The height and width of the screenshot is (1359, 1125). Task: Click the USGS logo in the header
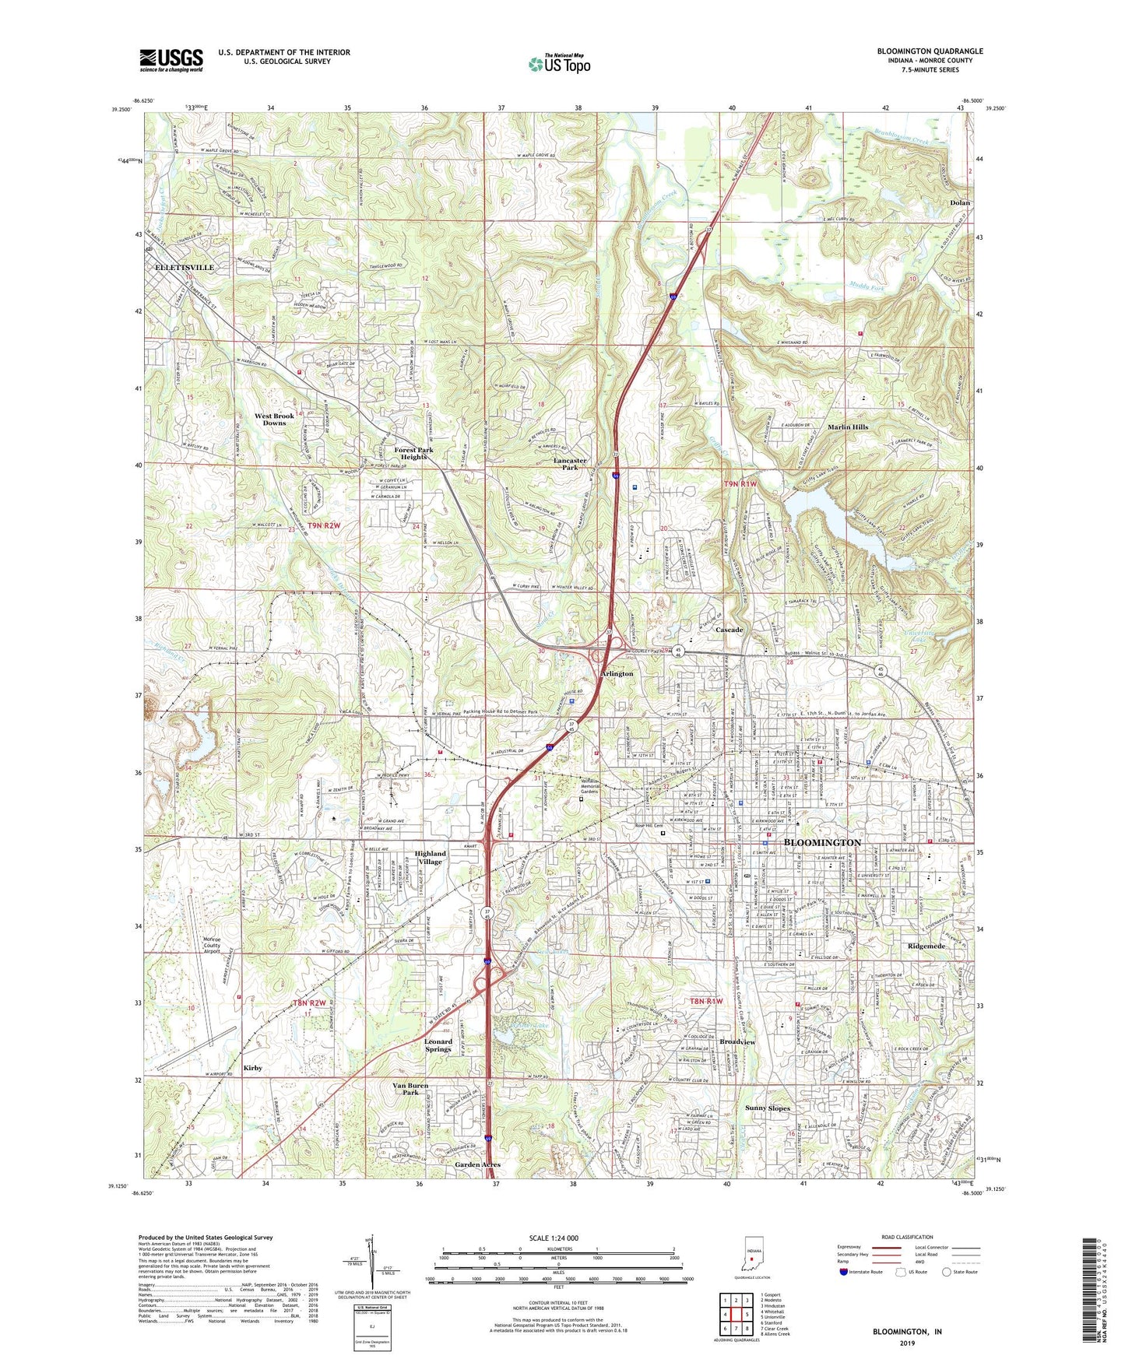171,60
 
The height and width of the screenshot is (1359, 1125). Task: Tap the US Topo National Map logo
559,63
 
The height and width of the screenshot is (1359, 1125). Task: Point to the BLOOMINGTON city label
822,842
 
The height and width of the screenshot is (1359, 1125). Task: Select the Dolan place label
960,202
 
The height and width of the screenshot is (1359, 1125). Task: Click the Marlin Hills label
848,427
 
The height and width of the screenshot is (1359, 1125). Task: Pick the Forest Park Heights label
413,453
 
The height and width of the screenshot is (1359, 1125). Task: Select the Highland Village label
430,858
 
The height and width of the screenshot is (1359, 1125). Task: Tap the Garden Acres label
477,1164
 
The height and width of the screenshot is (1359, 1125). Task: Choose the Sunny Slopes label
767,1108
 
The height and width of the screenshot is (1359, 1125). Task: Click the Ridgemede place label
926,946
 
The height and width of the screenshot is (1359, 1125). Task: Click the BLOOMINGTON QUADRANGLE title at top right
930,51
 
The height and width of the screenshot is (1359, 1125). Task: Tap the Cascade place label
729,629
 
